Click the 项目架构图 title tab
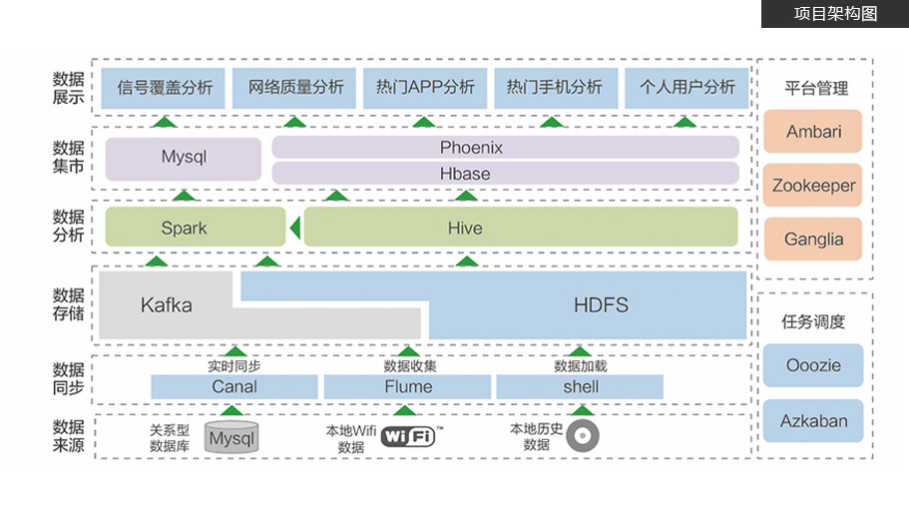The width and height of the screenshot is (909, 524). point(834,14)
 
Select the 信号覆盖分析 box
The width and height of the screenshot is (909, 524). point(165,87)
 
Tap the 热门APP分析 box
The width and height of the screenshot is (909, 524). point(425,87)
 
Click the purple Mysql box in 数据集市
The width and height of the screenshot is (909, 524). point(184,158)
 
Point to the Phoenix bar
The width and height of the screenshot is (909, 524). point(505,147)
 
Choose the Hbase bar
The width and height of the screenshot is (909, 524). point(505,173)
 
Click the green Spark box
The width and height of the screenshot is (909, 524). point(184,228)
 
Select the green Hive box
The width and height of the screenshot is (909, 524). point(520,228)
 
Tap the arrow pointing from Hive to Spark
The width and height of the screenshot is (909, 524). point(294,230)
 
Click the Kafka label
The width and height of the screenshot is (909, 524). point(166,304)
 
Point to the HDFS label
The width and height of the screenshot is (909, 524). point(601,304)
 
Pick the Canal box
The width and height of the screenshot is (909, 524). point(234,386)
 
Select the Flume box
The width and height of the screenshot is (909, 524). point(408,386)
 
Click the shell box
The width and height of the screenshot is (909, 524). point(580,386)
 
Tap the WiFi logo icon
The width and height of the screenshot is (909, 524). point(408,436)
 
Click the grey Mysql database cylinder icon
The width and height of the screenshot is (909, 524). point(231,437)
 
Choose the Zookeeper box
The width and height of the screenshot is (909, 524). point(813,186)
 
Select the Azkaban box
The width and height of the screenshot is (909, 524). point(813,420)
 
